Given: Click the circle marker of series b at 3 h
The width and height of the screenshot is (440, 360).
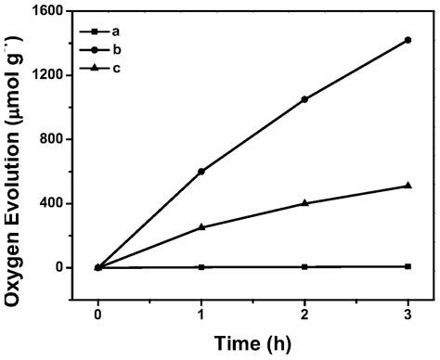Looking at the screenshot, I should tap(407, 40).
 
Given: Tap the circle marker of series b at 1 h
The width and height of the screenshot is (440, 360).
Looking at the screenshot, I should tap(201, 171).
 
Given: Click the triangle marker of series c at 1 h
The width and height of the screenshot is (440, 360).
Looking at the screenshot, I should tap(201, 227).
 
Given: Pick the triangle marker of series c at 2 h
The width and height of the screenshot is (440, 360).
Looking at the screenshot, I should tap(304, 203).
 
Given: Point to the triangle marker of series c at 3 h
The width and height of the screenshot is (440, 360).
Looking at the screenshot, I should tap(407, 186).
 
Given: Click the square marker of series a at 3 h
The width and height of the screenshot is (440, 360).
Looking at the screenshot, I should tap(407, 266).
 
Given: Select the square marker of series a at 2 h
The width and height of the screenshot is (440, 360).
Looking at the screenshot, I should tap(304, 266).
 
